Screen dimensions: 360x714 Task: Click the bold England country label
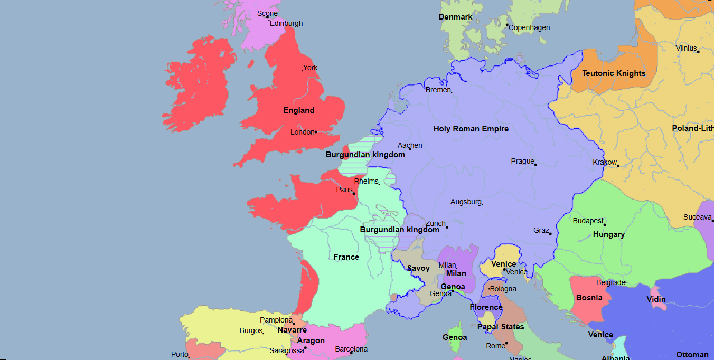[299, 110]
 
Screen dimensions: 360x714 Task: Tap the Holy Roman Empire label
[471, 129]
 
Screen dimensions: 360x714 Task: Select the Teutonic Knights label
[614, 73]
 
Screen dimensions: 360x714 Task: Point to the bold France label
[346, 257]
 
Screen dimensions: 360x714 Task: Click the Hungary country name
[608, 234]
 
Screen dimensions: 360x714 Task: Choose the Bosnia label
[589, 298]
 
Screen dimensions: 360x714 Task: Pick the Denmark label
[455, 17]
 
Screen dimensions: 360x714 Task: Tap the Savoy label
[418, 268]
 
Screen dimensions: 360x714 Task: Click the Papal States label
[501, 327]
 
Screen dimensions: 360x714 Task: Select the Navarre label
[292, 330]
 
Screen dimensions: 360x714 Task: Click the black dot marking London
[316, 132]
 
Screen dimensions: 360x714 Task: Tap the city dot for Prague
[535, 165]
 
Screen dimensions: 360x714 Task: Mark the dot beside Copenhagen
[507, 25]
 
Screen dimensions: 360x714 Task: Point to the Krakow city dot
[618, 166]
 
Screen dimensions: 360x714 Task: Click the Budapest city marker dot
[605, 225]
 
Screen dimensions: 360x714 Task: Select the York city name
[311, 68]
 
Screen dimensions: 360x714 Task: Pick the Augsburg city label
[465, 202]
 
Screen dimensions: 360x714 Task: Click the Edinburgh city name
[286, 23]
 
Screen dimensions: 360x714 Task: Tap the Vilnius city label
[686, 48]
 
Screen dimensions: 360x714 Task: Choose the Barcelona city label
[351, 349]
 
